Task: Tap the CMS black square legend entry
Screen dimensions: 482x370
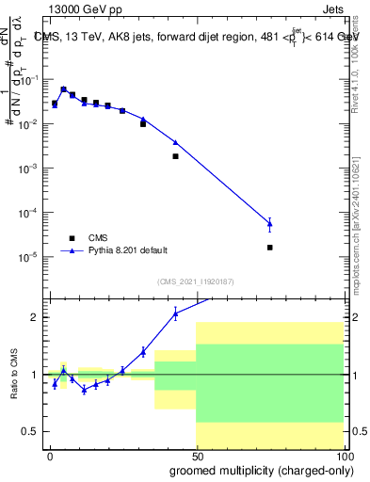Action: [71, 238]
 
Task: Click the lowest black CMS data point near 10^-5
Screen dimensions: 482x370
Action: [270, 248]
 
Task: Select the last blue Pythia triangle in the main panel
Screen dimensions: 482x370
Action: [270, 224]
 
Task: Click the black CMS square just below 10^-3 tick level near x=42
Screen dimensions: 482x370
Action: [176, 156]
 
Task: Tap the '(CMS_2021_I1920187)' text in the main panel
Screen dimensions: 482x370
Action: [194, 281]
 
